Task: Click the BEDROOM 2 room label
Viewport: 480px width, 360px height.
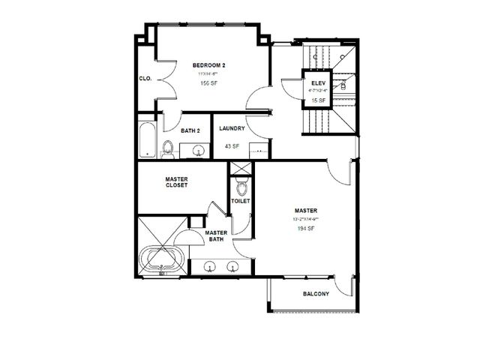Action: (208, 65)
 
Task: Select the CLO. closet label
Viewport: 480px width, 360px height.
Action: (145, 78)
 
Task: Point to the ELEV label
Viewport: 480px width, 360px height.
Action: (316, 82)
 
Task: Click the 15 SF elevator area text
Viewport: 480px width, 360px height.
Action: (316, 100)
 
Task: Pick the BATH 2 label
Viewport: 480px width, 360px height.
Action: (190, 130)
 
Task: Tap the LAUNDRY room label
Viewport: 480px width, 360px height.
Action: (232, 128)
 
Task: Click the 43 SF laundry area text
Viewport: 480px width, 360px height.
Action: (232, 146)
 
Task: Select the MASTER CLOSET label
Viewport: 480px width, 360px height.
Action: (176, 181)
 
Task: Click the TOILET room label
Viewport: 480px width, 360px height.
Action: (240, 201)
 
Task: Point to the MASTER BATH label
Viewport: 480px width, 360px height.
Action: (216, 235)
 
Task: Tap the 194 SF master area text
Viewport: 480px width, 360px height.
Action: (304, 228)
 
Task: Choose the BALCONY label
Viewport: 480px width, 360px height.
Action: (316, 294)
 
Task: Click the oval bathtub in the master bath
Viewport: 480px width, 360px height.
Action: (161, 259)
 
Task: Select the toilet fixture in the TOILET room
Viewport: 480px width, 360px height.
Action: (240, 182)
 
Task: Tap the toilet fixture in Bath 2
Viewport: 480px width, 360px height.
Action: (167, 149)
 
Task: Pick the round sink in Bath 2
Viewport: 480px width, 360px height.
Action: (198, 151)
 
